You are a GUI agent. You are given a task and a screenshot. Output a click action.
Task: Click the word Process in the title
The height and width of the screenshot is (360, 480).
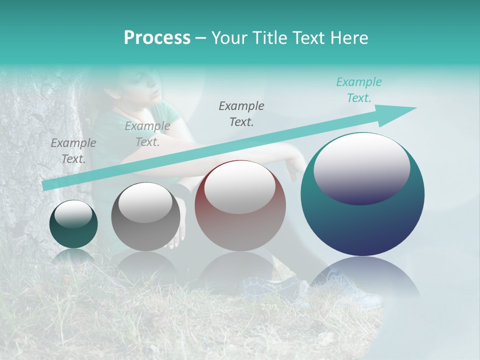[x=157, y=38]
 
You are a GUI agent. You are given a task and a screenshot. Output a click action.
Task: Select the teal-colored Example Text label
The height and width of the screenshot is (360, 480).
[x=358, y=90]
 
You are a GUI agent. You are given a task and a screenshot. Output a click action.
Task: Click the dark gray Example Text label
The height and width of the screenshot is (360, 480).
[x=241, y=113]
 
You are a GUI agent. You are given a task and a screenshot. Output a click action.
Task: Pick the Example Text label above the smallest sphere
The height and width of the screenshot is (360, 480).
[x=73, y=150]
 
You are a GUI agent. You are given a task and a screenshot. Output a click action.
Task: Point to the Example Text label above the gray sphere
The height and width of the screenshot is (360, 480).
[x=147, y=134]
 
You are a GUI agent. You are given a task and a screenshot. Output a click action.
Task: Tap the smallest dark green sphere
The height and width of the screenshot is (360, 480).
[x=73, y=225]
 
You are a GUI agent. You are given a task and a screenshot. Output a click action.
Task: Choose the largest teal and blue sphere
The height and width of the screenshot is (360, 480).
[x=362, y=220]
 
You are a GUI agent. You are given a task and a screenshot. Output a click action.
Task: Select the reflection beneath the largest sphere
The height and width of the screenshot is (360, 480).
[x=362, y=280]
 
